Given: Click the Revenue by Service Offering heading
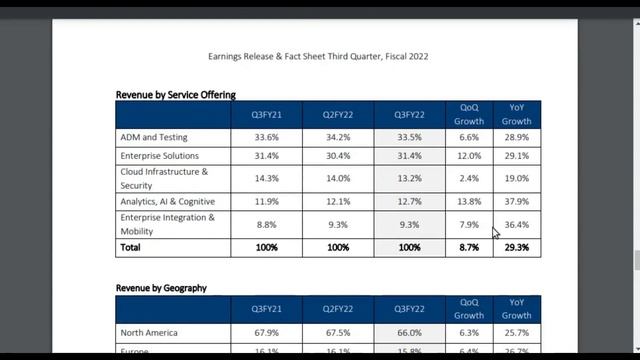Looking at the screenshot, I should click(176, 95).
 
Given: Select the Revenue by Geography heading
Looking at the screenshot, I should click(161, 288).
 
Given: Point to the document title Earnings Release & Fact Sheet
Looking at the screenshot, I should click(318, 57).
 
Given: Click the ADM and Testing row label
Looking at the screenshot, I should click(153, 137).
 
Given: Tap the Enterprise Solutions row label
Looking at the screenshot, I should click(159, 156).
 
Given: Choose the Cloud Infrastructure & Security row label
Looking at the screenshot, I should click(164, 178).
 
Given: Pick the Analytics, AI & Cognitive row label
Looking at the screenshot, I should click(166, 202).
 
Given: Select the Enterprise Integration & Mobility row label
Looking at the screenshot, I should click(167, 224).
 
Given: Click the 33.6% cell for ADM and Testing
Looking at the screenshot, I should click(266, 137).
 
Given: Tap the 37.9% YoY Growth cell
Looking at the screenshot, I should click(516, 202).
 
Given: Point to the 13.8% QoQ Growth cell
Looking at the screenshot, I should click(468, 202).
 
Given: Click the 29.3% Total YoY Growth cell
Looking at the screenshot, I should click(516, 247).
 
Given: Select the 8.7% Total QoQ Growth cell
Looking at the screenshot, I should click(468, 247).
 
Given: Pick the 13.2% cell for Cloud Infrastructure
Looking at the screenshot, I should click(409, 179).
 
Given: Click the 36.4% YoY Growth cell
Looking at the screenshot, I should click(518, 225).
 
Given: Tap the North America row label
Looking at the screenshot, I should click(149, 333).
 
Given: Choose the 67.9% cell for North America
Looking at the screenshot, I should click(266, 333).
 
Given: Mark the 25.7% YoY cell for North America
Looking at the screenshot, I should click(516, 333).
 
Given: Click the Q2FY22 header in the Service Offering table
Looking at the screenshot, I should click(338, 114).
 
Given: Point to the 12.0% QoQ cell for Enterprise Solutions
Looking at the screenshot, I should click(468, 156).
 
